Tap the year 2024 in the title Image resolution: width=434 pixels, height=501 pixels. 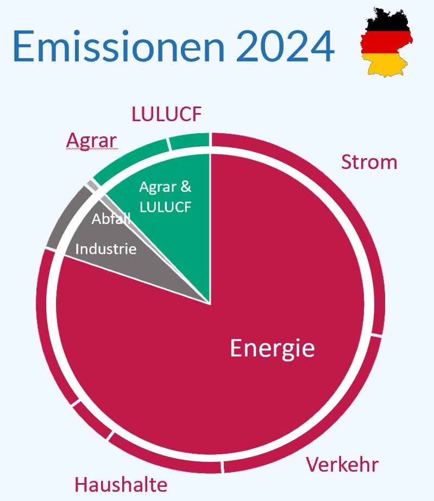(x=285, y=46)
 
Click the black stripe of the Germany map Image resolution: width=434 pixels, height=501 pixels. (x=388, y=21)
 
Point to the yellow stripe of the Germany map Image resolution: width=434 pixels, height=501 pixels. (x=387, y=65)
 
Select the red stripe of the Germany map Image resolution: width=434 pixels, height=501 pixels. (x=386, y=42)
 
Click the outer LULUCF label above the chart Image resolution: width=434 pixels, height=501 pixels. (x=166, y=114)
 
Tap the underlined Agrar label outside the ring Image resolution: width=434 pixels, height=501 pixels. (x=92, y=141)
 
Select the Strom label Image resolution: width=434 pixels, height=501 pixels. (x=369, y=162)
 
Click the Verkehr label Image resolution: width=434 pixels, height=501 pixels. (x=342, y=464)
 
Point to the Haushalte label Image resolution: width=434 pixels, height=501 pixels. (x=121, y=484)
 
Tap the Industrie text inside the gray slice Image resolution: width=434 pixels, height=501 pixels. (x=106, y=249)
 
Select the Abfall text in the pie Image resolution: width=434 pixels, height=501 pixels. (x=111, y=219)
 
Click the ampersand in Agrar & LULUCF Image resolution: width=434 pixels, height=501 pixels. (x=186, y=186)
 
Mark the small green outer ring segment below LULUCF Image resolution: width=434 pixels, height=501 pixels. (x=189, y=140)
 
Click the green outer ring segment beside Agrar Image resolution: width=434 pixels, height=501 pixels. (x=129, y=160)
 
